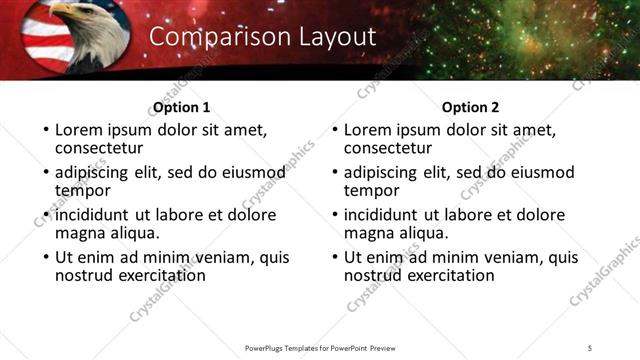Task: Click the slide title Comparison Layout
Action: point(262,37)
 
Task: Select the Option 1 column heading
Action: point(182,107)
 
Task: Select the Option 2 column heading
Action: point(471,107)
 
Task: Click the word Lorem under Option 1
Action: point(80,130)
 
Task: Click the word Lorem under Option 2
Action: point(369,130)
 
